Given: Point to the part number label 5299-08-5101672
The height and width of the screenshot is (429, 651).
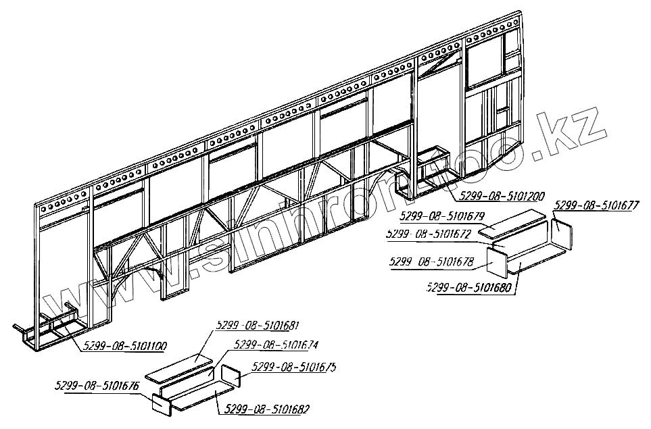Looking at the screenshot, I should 427,234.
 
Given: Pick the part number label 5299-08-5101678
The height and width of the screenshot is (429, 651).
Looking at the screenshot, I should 432,261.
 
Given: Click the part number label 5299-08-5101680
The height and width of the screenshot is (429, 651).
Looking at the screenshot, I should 471,288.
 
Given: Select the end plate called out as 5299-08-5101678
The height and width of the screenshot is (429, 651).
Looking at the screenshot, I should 498,263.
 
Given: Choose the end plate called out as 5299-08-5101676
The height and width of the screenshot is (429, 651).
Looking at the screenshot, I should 162,403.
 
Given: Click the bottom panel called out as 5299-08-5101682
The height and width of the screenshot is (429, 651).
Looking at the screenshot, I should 201,394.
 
